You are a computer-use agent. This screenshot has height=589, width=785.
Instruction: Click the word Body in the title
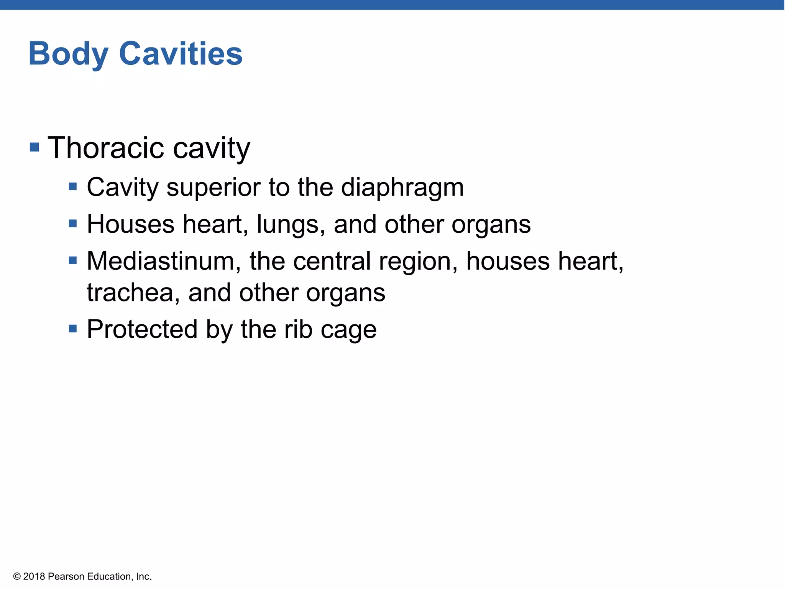[68, 54]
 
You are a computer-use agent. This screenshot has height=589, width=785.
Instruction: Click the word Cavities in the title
[181, 54]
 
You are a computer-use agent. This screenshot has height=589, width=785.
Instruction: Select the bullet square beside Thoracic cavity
[34, 147]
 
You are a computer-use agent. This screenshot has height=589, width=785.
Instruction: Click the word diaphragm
[402, 188]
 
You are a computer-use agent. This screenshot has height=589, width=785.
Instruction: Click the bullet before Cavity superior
[73, 187]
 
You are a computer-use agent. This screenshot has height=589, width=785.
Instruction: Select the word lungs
[287, 224]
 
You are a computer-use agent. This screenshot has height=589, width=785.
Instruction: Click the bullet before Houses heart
[73, 223]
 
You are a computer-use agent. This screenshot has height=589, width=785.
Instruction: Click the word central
[332, 261]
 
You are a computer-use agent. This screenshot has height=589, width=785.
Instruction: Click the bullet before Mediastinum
[73, 261]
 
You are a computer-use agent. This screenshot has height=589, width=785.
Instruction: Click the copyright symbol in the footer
[17, 577]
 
